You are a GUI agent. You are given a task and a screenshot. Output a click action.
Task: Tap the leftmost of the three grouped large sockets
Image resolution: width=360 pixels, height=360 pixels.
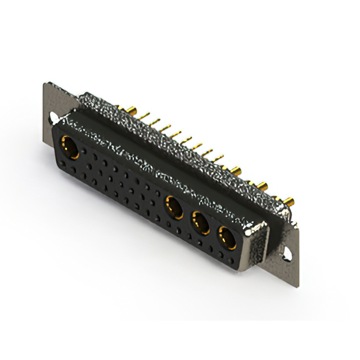pos(173,206)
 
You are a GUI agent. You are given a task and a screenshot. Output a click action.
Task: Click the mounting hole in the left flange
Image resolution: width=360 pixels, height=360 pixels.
pos(53,119)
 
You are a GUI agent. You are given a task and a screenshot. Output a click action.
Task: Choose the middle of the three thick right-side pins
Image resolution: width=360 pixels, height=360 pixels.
pos(262,184)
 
